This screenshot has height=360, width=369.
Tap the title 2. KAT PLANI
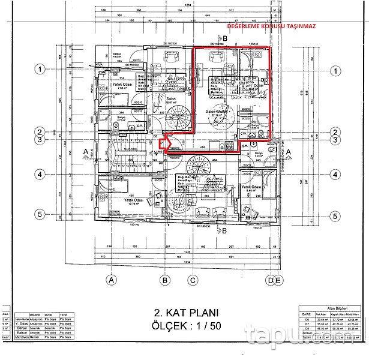(185, 312)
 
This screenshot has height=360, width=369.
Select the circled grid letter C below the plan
(193, 279)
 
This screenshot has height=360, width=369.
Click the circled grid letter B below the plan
(164, 279)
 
